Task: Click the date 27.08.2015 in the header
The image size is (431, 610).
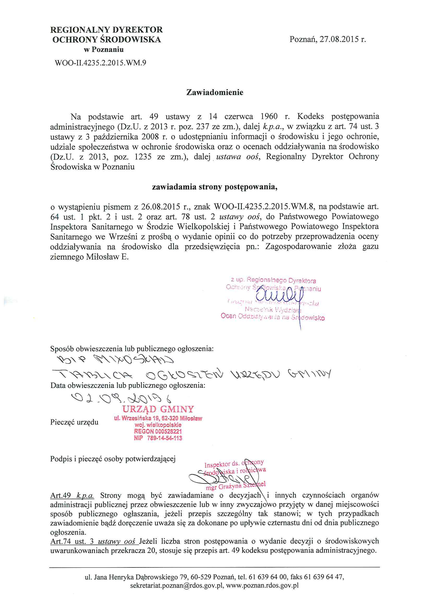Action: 339,40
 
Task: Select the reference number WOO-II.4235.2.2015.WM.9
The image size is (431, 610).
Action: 100,63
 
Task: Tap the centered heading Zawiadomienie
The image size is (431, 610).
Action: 215,92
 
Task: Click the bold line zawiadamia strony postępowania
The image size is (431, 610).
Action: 215,187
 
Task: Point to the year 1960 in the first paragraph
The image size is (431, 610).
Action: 269,116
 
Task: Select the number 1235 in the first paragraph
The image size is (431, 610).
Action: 143,157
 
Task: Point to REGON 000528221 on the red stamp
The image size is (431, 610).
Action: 158,432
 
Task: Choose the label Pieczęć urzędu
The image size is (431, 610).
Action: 74,422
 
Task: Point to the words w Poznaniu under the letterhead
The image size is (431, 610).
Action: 104,50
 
